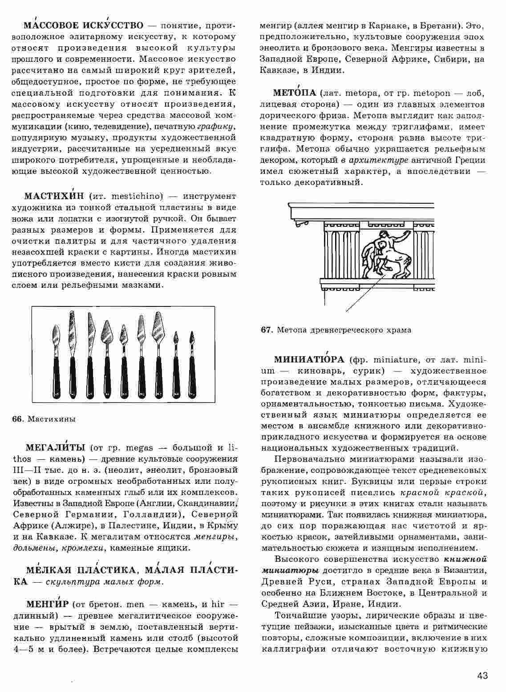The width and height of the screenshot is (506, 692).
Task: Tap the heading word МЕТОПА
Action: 294,93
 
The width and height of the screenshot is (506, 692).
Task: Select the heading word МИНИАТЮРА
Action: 309,359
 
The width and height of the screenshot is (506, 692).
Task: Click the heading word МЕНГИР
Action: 48,604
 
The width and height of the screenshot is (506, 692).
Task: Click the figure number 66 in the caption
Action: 17,419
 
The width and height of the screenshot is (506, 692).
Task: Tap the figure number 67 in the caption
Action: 266,330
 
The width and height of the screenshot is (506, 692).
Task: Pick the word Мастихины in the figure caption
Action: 52,419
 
